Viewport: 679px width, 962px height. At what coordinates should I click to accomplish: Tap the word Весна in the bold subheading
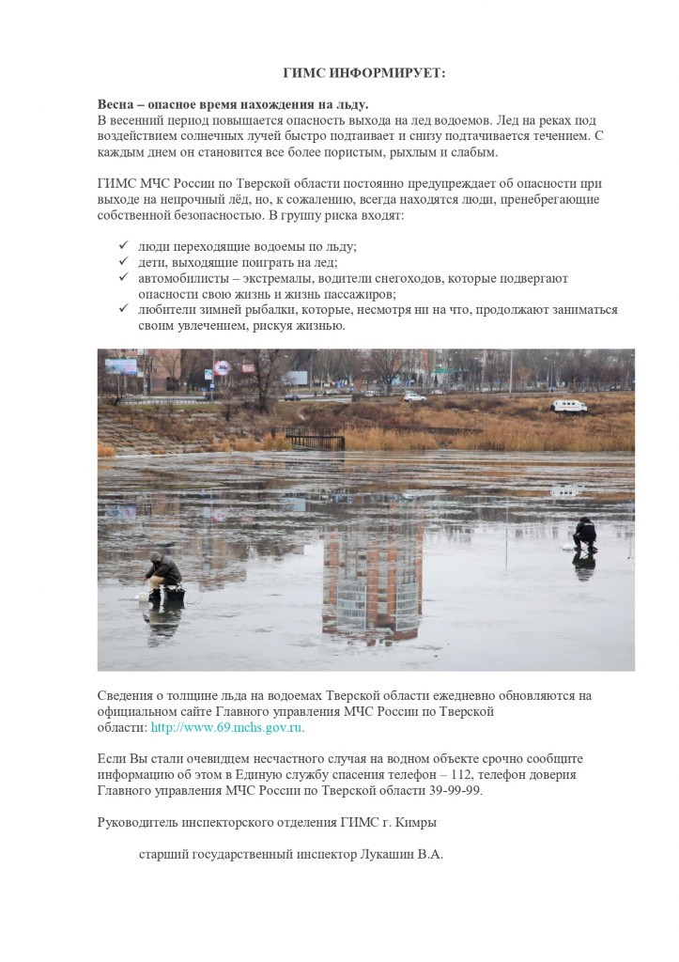[x=118, y=104]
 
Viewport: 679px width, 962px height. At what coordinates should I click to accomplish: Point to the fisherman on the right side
[x=584, y=534]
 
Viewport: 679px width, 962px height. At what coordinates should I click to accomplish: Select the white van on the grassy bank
[x=569, y=406]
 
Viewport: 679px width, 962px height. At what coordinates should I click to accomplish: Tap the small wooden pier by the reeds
[x=315, y=440]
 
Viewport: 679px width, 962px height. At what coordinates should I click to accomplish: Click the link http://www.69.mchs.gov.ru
[x=227, y=728]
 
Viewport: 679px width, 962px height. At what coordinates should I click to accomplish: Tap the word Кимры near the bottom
[x=415, y=823]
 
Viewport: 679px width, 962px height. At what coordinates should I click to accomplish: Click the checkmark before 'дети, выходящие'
[x=122, y=262]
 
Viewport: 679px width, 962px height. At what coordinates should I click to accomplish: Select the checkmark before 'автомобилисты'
[x=122, y=278]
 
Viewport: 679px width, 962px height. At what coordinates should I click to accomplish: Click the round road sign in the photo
[x=220, y=367]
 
